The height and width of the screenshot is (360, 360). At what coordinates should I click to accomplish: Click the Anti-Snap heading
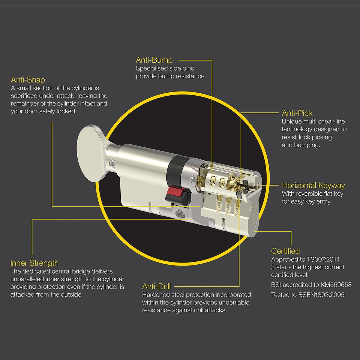click(x=28, y=79)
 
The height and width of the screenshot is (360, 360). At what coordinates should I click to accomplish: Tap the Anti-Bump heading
click(x=154, y=60)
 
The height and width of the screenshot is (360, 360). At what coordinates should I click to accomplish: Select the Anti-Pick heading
click(x=297, y=113)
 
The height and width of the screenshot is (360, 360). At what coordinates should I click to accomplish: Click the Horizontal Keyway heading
click(x=313, y=185)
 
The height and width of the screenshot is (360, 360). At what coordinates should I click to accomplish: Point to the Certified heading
click(x=285, y=251)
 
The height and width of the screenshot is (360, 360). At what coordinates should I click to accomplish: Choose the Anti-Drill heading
click(x=156, y=286)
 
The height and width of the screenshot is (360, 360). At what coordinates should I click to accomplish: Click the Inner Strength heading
click(x=34, y=263)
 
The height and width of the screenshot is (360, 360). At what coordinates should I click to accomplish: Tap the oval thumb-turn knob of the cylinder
click(x=90, y=153)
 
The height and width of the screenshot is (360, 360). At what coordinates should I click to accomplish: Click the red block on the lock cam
click(x=175, y=191)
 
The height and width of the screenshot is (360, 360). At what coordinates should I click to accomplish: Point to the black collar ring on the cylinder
click(x=175, y=171)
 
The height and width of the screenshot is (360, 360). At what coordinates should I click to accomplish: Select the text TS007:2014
click(x=323, y=259)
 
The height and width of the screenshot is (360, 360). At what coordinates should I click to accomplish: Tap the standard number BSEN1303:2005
click(x=321, y=295)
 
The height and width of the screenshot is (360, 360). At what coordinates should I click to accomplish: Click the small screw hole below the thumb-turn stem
click(x=112, y=163)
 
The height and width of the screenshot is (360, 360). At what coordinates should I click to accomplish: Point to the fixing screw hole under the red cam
click(x=180, y=214)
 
